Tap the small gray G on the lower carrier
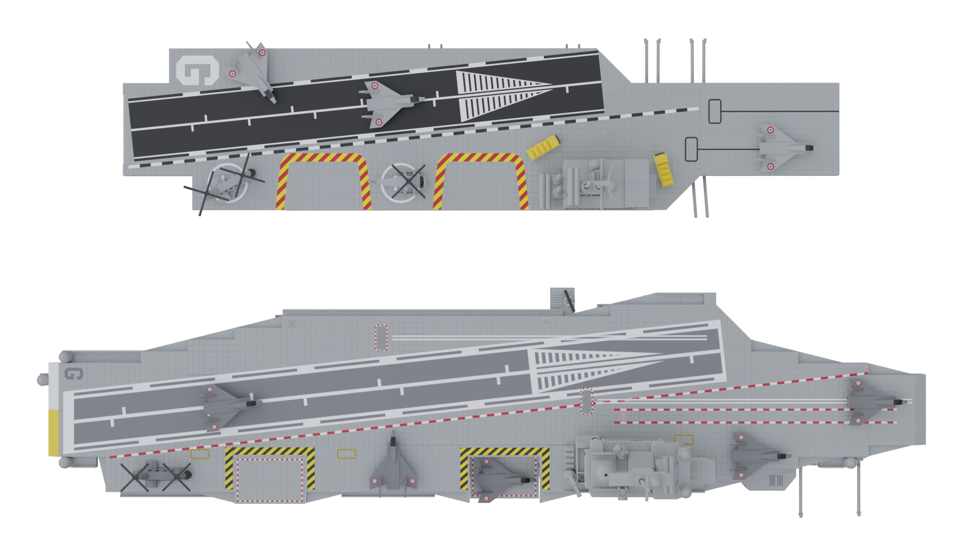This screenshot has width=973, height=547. (73, 374)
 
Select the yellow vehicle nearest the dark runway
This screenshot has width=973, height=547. (543, 147)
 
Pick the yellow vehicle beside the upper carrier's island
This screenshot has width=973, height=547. (663, 169)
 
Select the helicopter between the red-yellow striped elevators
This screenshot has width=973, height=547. (403, 181)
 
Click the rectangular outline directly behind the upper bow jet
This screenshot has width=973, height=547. (691, 149)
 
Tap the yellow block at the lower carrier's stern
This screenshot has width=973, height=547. (53, 433)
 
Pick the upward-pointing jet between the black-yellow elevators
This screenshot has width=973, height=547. (393, 463)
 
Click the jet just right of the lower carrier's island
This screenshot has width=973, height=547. (758, 456)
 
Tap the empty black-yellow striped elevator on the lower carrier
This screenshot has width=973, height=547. (270, 475)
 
